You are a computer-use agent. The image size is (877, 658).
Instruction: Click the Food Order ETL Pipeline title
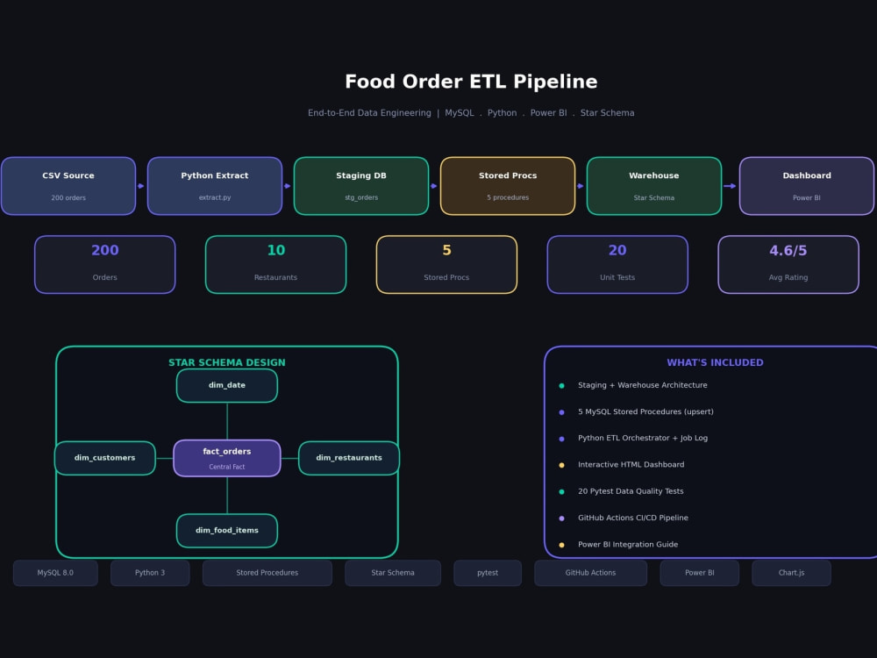(x=471, y=82)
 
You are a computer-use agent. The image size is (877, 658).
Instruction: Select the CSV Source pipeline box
(x=68, y=186)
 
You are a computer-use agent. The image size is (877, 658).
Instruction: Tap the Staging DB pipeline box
(x=361, y=186)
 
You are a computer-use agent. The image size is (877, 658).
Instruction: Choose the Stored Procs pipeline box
(x=508, y=186)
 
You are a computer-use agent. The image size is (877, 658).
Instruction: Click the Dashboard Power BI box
(x=807, y=186)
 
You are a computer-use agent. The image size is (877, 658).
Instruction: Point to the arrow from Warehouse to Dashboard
(x=730, y=186)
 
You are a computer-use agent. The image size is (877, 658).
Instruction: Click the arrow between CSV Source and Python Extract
(x=141, y=186)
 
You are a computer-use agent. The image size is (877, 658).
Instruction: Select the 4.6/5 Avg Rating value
(x=788, y=250)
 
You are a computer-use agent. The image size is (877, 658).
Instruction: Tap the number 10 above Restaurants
(x=275, y=250)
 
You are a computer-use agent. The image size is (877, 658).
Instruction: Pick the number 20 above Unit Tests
(x=617, y=250)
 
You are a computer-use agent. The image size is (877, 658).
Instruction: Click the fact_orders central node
(x=227, y=458)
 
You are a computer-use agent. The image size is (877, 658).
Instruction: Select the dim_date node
(x=227, y=385)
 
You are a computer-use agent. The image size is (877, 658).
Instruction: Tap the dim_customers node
(x=105, y=458)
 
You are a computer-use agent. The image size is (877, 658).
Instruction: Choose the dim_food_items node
(x=227, y=531)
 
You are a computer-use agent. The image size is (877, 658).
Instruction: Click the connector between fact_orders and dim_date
(x=227, y=421)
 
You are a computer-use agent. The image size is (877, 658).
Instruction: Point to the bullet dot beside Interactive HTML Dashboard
(x=561, y=465)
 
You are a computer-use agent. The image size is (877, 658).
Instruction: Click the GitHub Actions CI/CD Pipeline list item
(x=633, y=518)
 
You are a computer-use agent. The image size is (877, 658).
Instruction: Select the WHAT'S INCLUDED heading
(x=715, y=362)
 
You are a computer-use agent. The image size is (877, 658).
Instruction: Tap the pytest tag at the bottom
(x=488, y=573)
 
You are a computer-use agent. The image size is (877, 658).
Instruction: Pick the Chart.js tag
(x=791, y=573)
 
